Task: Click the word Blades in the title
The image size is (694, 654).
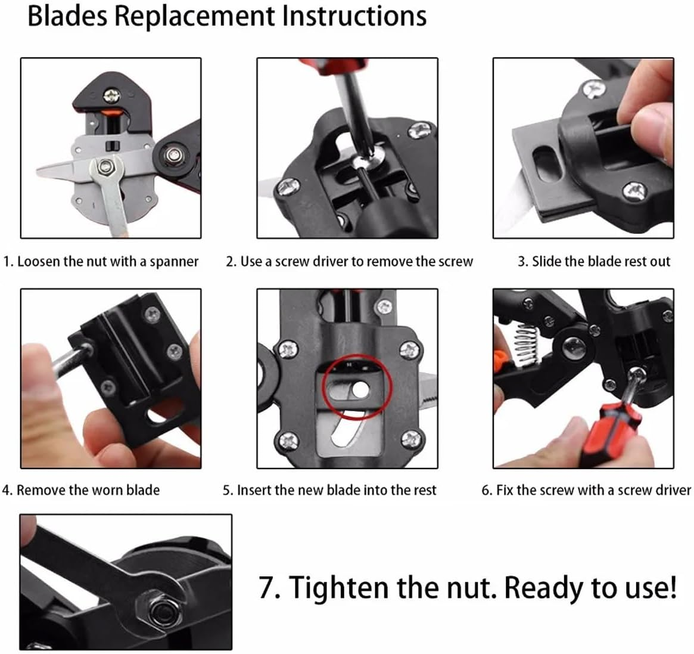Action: coord(67,16)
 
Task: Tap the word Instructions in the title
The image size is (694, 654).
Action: coord(354,16)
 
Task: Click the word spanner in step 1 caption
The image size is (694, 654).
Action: coord(174,262)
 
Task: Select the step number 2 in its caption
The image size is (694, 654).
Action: coord(231,262)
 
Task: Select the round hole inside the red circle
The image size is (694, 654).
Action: coord(361,389)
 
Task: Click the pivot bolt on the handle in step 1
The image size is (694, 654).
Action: coord(172,154)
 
